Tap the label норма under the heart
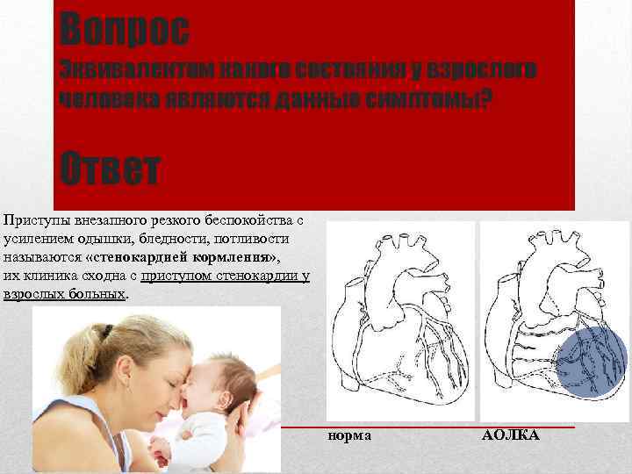[350, 435]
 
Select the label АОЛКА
[511, 435]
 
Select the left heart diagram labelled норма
[399, 320]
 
